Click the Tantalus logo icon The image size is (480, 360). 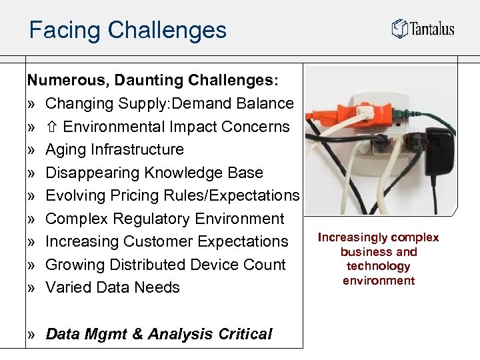pyautogui.click(x=399, y=28)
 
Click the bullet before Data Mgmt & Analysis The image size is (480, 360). pyautogui.click(x=31, y=335)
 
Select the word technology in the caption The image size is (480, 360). pyautogui.click(x=379, y=266)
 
